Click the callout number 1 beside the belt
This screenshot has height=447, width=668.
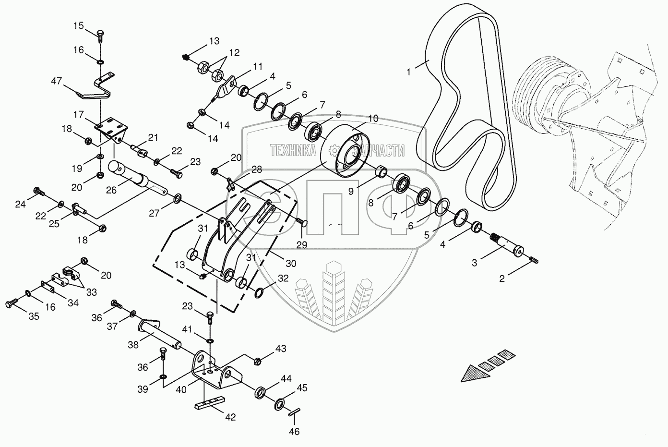pos(408,72)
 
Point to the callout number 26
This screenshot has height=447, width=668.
pos(111,190)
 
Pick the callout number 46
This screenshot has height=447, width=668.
pos(294,432)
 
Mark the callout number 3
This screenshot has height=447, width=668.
pos(474,263)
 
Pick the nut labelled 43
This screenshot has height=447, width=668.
pos(257,361)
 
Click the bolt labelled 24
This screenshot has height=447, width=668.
pos(38,193)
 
